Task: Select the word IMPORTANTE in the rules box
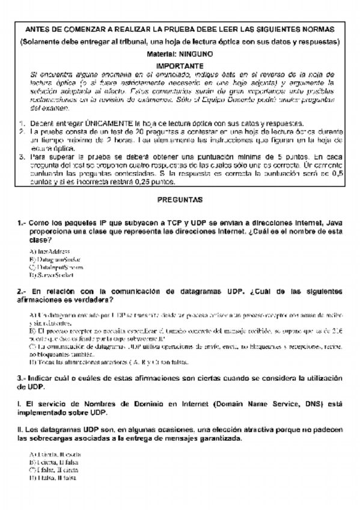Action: (180, 65)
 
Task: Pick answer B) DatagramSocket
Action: (55, 258)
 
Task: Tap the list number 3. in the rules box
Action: (22, 155)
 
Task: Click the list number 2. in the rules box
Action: (22, 131)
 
